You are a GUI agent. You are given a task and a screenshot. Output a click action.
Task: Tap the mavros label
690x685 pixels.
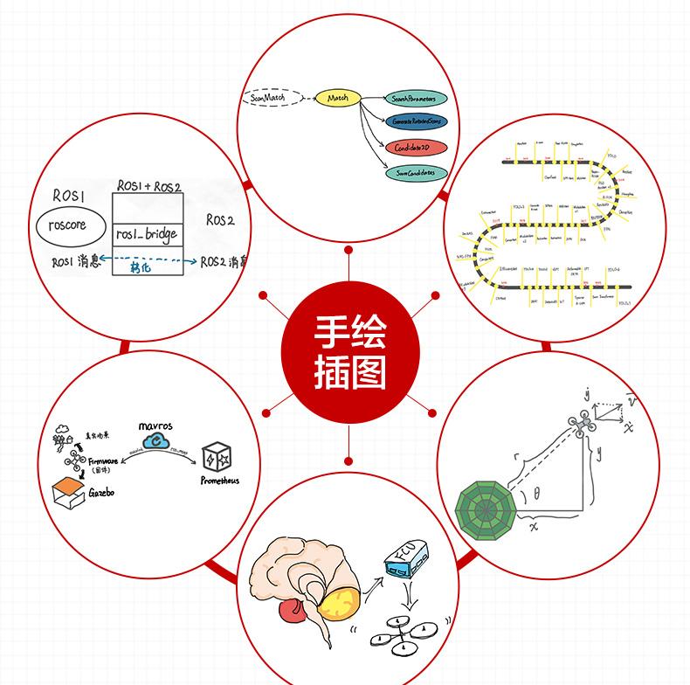[x=155, y=426]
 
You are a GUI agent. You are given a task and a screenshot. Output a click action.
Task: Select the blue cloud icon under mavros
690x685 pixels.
[x=158, y=442]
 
